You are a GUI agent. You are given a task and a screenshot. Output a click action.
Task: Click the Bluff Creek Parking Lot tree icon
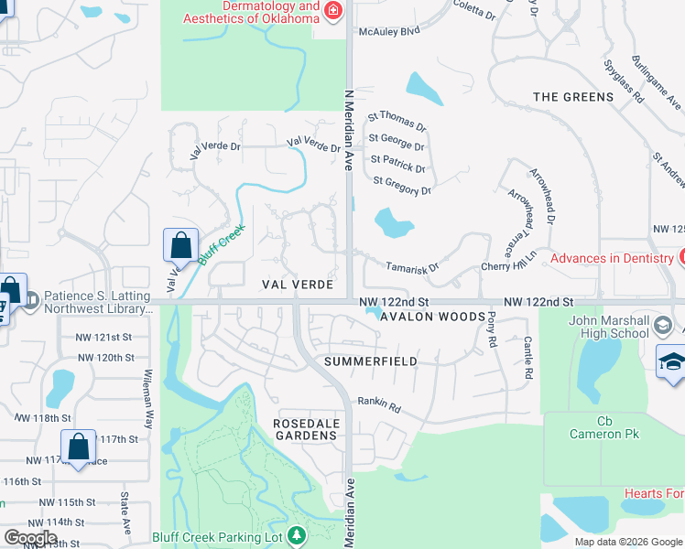[x=296, y=534]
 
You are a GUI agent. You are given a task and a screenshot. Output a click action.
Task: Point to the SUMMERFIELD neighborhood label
[x=371, y=361]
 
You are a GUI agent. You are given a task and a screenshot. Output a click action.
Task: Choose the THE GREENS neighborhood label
[x=573, y=97]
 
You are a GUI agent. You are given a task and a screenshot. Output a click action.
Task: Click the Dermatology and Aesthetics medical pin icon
[x=333, y=10]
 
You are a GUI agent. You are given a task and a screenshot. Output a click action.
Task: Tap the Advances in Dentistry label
[x=612, y=258]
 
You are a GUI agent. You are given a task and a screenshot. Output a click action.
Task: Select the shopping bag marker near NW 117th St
[x=79, y=447]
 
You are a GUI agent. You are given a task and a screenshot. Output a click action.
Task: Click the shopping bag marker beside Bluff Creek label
[x=180, y=246]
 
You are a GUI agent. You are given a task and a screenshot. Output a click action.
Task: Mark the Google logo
[x=31, y=538]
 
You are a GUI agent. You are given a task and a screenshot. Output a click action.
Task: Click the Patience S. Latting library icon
[x=31, y=299]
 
